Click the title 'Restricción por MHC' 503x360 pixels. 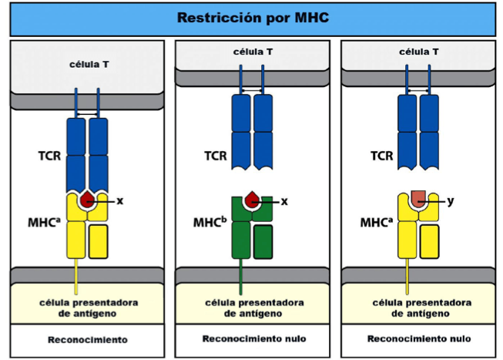[253, 17]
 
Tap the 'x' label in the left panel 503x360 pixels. [120, 200]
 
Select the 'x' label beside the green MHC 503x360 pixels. [284, 201]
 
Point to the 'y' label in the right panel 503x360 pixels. [451, 200]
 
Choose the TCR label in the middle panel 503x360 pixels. [215, 156]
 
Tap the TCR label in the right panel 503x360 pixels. [382, 156]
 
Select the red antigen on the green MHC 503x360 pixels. [252, 201]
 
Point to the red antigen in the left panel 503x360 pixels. [87, 200]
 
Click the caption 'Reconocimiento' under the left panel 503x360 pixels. [87, 339]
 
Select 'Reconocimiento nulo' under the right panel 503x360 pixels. [419, 338]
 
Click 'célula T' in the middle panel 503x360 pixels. [253, 52]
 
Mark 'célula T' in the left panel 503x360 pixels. [87, 65]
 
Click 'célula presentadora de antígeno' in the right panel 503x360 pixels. [419, 308]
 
